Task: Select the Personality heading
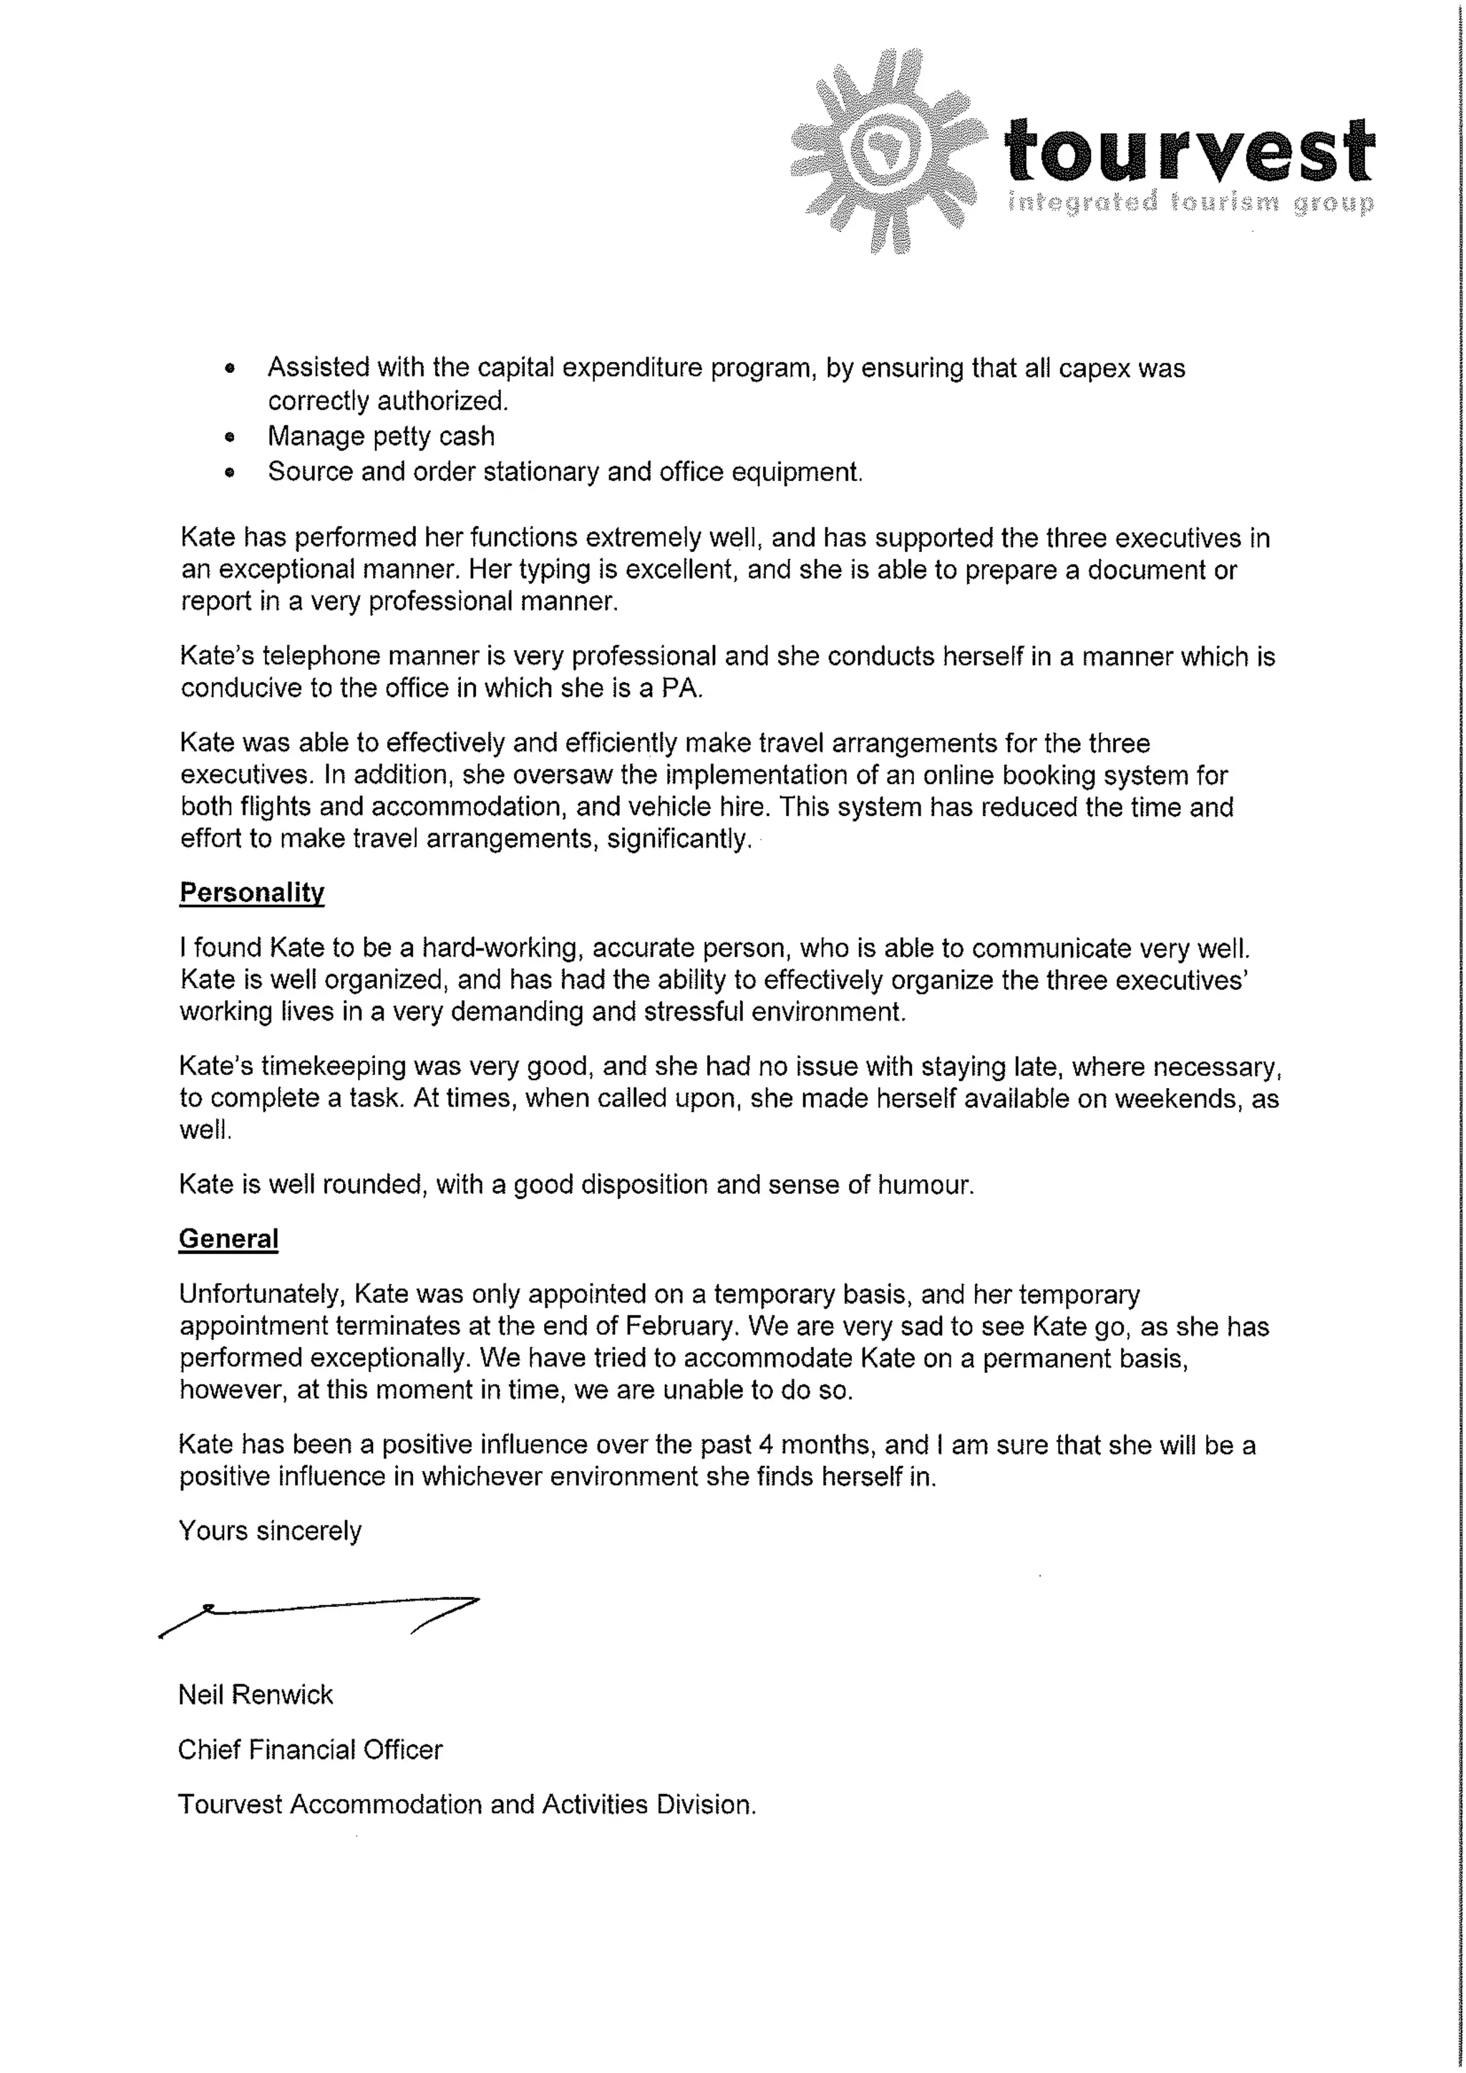coord(252,893)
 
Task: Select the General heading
coord(228,1239)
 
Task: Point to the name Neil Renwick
coord(256,1695)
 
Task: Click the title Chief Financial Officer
coord(310,1749)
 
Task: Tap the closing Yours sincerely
coord(270,1530)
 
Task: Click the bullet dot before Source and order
coord(230,472)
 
